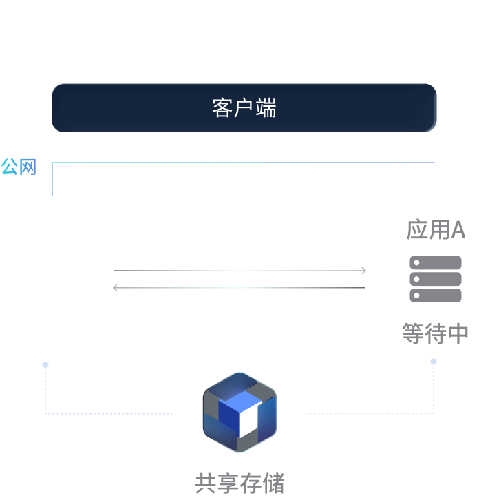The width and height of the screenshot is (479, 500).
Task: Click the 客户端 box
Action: [244, 108]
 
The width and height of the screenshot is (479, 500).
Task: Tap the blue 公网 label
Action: [19, 167]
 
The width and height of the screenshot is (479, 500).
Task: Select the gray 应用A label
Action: [436, 230]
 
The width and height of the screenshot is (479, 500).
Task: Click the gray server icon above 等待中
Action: [436, 279]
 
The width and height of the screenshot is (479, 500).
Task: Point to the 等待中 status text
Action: [436, 334]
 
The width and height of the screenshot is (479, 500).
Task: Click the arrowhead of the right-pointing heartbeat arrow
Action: [363, 271]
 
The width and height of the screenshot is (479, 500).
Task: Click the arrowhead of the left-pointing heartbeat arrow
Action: [116, 288]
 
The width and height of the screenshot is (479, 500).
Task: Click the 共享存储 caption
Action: [239, 483]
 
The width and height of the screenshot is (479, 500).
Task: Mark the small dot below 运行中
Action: [45, 364]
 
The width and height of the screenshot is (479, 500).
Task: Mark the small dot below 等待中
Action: [434, 362]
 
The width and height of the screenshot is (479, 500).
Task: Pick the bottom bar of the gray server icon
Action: [436, 295]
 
